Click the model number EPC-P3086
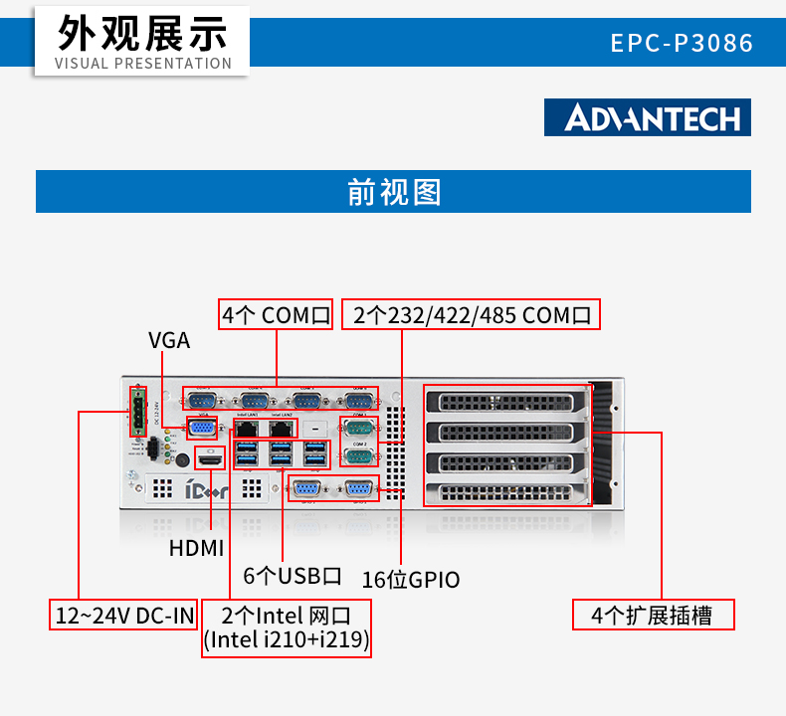click(x=682, y=44)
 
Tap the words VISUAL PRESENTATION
click(x=142, y=64)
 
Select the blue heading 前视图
click(x=393, y=191)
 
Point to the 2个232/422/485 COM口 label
click(x=472, y=315)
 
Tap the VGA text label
click(x=169, y=340)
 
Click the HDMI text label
click(x=196, y=548)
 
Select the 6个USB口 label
click(x=293, y=576)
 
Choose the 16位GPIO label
click(x=410, y=579)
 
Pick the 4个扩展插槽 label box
click(x=653, y=615)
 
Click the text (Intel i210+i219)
click(x=287, y=641)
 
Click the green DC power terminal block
click(x=136, y=412)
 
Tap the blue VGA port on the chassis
click(x=203, y=428)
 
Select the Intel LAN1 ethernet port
click(x=249, y=427)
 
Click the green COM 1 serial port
click(x=358, y=429)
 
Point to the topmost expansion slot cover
click(x=504, y=402)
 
